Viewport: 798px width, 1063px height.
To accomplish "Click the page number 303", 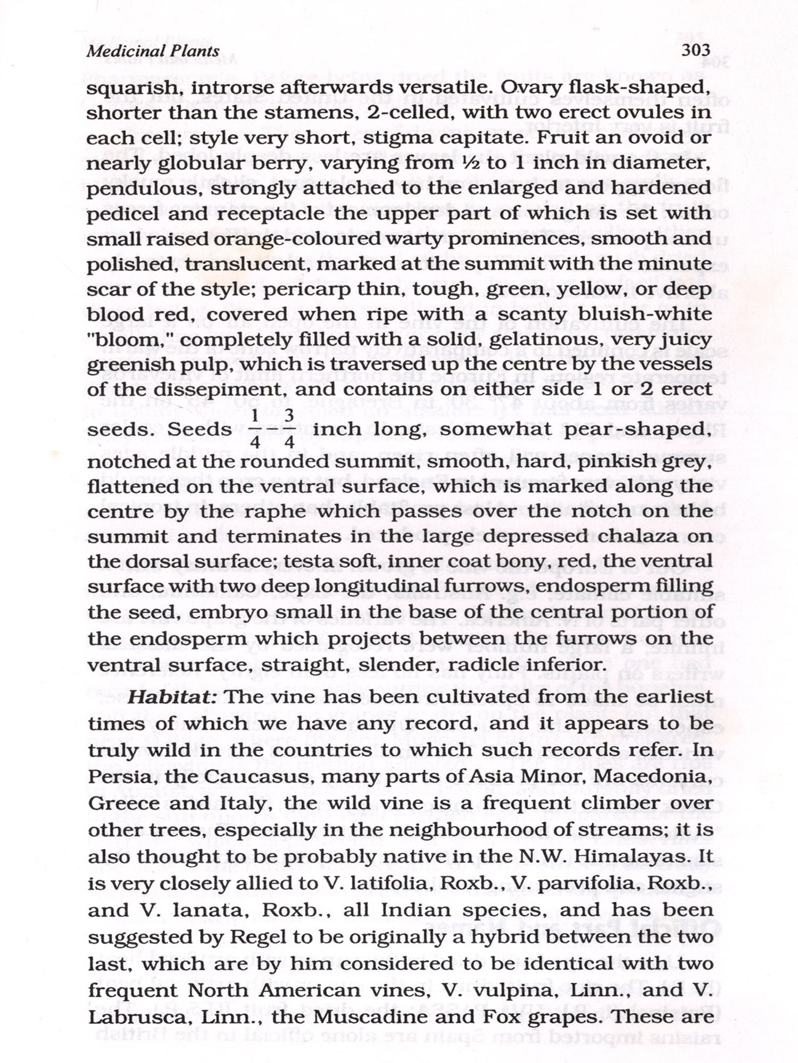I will (x=695, y=50).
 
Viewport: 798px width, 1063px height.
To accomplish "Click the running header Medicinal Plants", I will (x=153, y=51).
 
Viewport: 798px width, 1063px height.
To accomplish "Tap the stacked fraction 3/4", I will (x=289, y=428).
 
